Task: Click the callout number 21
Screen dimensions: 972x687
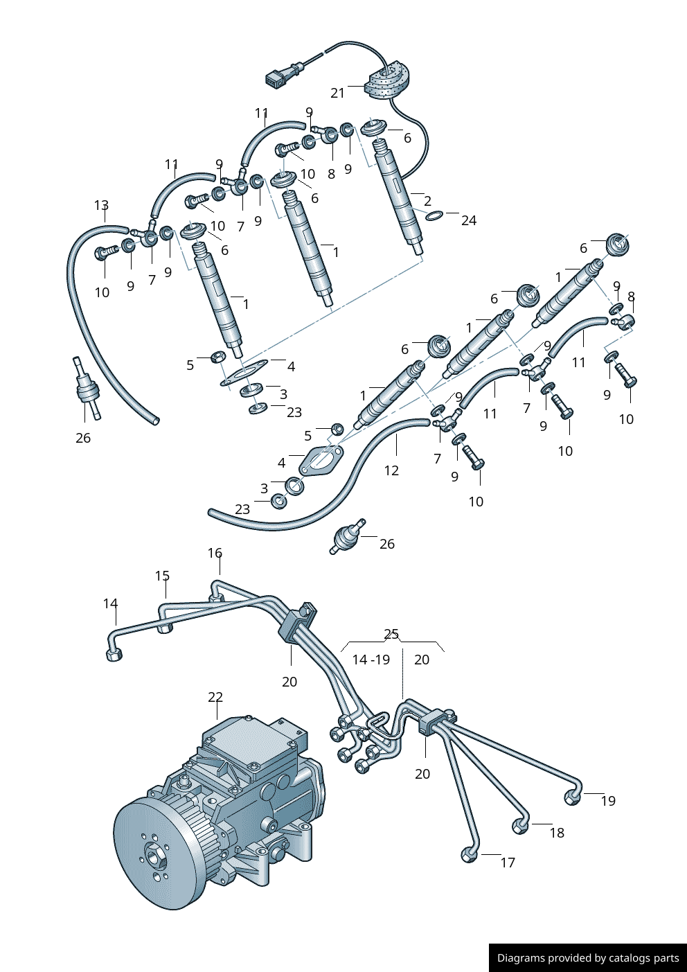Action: click(337, 93)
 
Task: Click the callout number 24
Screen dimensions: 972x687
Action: click(469, 220)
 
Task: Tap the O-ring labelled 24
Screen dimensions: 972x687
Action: click(434, 217)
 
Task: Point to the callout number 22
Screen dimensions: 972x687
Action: click(215, 697)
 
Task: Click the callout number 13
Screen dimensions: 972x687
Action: click(101, 205)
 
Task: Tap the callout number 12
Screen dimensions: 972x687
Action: click(391, 470)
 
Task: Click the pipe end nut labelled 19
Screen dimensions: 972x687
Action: click(571, 797)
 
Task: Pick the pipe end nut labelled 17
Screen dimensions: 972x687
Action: click(469, 856)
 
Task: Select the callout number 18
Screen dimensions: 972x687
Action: click(557, 833)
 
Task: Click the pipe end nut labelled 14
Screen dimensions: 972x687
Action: click(114, 655)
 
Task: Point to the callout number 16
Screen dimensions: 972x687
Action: click(215, 553)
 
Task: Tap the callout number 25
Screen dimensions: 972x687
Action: click(391, 634)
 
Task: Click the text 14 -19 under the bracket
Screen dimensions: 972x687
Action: click(371, 660)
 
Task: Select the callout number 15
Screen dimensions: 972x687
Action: click(162, 576)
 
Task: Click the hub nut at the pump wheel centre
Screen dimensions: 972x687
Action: click(154, 856)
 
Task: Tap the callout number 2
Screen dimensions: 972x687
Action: click(427, 201)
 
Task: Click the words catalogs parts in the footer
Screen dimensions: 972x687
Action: click(643, 958)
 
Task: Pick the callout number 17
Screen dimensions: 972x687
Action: click(508, 863)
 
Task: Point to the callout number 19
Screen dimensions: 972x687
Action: click(608, 801)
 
